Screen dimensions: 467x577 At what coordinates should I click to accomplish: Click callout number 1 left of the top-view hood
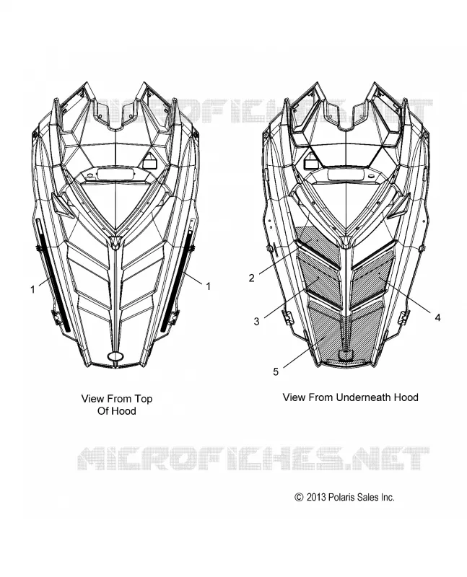pos(32,290)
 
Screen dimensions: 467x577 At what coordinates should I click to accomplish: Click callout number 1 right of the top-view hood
pos(208,286)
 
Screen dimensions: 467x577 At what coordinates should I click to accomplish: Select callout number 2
pos(252,278)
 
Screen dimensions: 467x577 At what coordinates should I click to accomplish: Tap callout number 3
pos(257,321)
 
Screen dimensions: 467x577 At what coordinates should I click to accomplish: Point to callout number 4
pos(437,317)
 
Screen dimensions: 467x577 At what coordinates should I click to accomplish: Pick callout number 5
pos(276,371)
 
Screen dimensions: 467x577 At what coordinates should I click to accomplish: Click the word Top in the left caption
pos(143,399)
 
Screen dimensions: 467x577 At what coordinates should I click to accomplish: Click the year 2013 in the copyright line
pos(316,497)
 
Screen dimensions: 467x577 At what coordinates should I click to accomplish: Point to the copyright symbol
pos(299,497)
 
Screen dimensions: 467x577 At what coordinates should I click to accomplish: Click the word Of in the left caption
pos(102,411)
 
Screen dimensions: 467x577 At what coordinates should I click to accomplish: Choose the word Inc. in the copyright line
pos(388,497)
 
